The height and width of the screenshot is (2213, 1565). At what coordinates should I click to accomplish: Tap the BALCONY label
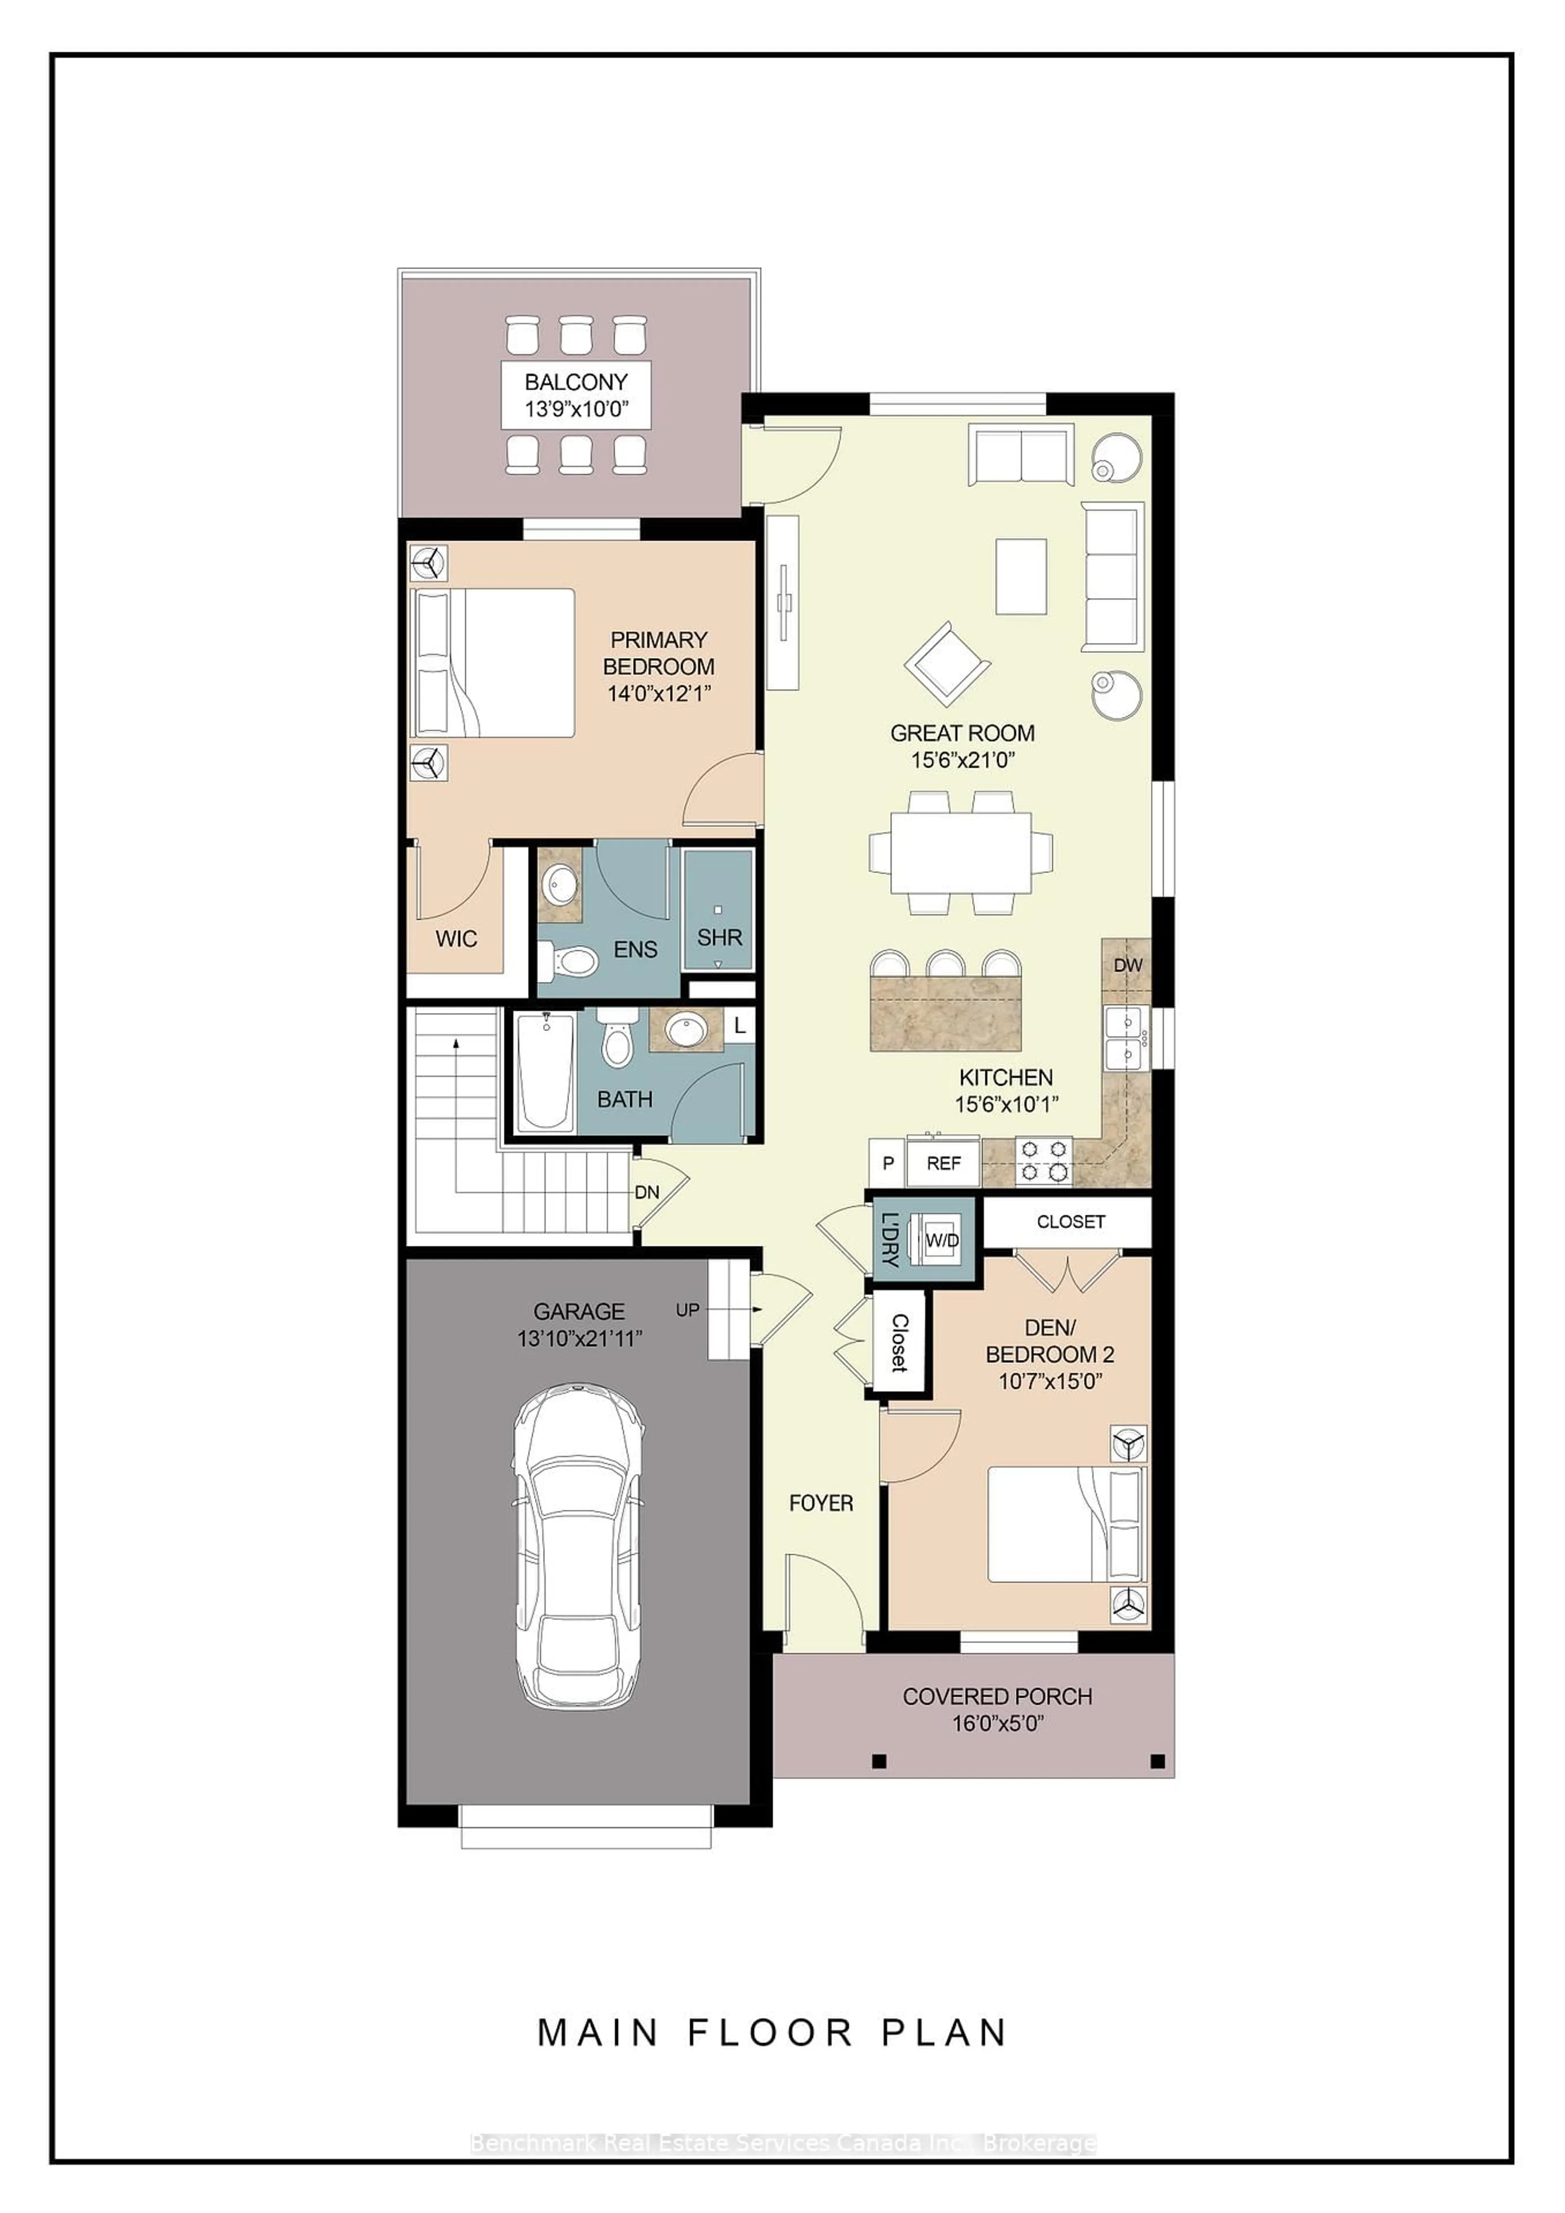(x=575, y=382)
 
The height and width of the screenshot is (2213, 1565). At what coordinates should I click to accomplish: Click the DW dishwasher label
(x=1127, y=965)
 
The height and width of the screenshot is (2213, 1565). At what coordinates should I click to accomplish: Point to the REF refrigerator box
(x=943, y=1163)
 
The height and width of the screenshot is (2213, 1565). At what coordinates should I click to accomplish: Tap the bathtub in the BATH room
(x=545, y=1071)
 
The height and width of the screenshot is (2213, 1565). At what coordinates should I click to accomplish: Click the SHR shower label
(x=719, y=937)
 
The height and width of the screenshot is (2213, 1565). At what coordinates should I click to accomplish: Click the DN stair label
(x=647, y=1192)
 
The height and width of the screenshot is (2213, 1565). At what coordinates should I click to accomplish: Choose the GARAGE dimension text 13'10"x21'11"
(x=580, y=1339)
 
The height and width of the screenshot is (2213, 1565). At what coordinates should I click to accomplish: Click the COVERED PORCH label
(x=997, y=1697)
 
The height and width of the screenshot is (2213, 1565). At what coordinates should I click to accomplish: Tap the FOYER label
(x=820, y=1503)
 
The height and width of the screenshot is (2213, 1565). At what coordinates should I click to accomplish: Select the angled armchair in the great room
(x=947, y=663)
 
